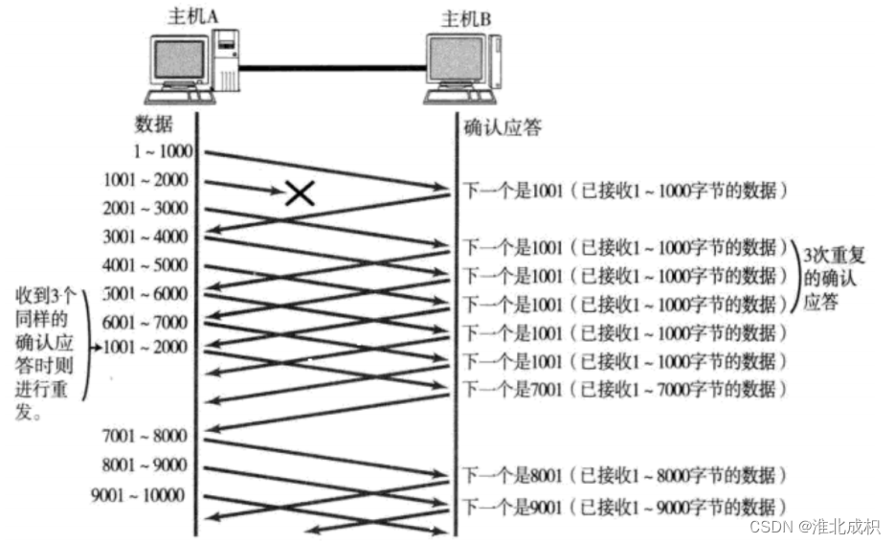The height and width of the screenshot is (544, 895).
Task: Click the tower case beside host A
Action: coord(225,61)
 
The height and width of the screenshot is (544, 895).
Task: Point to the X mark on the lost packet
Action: coord(301,193)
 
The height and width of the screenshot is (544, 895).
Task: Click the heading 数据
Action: coord(155,125)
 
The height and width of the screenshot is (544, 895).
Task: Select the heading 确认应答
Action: coord(503,127)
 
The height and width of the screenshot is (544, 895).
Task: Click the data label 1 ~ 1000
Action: coord(164,150)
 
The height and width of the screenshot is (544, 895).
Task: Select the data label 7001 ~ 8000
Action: coord(145,437)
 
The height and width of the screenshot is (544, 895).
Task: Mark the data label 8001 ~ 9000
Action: coord(145,466)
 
